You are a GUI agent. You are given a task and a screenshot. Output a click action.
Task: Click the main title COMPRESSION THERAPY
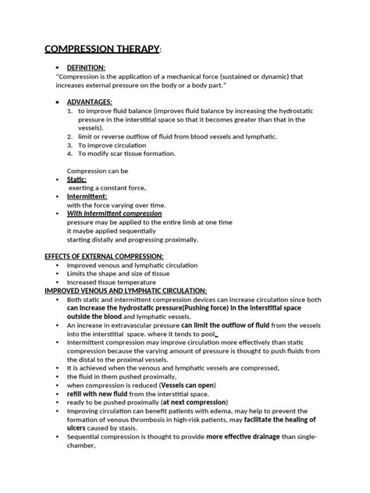coord(114,51)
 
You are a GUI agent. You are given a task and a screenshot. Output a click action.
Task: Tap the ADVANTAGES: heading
coord(90,101)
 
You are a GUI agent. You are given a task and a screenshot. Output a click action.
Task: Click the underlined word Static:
coord(76,179)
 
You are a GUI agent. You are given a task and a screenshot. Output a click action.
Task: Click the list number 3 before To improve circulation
coord(69,145)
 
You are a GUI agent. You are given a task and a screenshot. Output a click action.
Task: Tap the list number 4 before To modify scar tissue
coord(69,154)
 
